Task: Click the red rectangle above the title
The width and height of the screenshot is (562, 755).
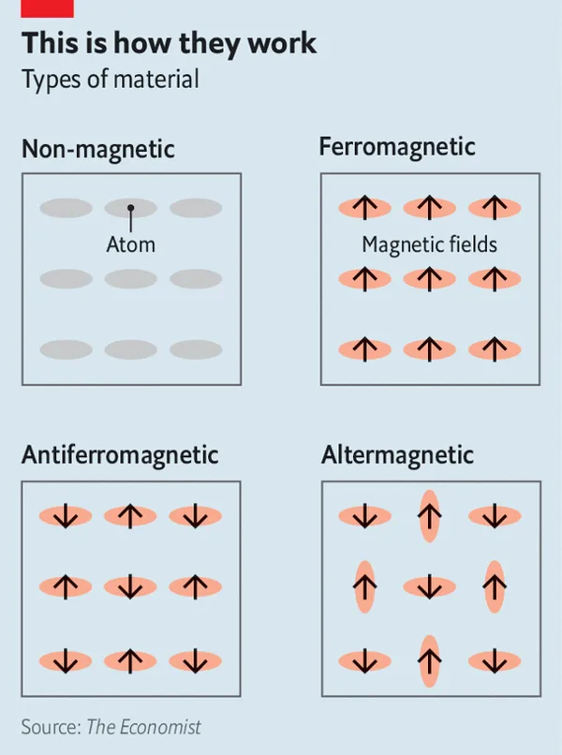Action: click(x=47, y=8)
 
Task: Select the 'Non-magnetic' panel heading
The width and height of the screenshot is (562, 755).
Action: click(x=98, y=148)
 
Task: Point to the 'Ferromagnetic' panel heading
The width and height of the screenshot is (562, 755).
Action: click(x=397, y=146)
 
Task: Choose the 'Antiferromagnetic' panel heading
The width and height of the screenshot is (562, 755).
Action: click(x=120, y=455)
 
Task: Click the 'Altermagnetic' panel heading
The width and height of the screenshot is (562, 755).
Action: click(x=397, y=455)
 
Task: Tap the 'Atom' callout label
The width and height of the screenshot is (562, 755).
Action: click(x=131, y=244)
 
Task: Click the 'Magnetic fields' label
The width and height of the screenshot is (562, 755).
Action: click(x=430, y=244)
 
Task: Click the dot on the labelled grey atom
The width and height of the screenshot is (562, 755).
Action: click(x=130, y=208)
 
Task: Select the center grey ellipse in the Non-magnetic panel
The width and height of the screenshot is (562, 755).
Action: click(x=130, y=279)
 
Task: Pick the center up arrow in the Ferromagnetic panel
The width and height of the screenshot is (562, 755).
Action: click(x=430, y=279)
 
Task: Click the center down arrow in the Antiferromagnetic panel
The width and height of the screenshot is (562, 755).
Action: click(x=130, y=586)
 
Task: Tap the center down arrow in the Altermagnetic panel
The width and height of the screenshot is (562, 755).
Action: click(x=430, y=586)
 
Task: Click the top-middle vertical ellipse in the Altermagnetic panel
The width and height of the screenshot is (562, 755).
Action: click(x=430, y=516)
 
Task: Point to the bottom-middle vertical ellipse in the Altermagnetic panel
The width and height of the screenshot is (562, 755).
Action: click(x=430, y=661)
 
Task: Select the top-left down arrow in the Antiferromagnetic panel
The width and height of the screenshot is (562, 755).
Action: click(x=66, y=516)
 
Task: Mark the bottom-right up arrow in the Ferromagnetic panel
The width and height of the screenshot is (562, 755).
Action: click(x=495, y=349)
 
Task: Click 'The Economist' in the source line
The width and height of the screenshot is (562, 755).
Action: click(x=143, y=727)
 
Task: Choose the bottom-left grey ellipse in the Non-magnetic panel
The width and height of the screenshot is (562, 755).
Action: click(x=66, y=349)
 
